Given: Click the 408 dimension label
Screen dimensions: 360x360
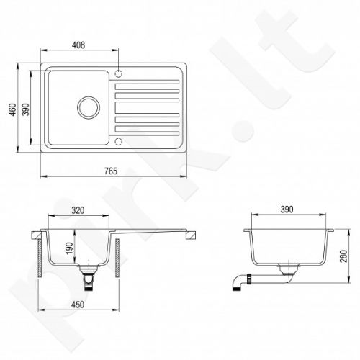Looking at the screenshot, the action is point(78,45).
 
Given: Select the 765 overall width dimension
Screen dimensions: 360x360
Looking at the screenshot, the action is point(111,171).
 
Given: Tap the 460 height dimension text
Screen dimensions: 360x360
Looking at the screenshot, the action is point(12,109).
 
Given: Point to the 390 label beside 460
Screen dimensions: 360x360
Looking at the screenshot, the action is point(25,109).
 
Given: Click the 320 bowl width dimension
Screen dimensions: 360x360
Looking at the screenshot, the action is point(78,210).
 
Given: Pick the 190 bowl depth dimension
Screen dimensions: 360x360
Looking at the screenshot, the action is point(69,248).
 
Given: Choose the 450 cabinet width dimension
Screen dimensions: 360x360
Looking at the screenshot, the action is point(78,305).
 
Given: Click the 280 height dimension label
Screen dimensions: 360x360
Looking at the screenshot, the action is point(343,256).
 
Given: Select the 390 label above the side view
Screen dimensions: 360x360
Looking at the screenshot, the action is point(287,210).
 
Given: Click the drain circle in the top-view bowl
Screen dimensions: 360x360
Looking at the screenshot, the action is point(89,107).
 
